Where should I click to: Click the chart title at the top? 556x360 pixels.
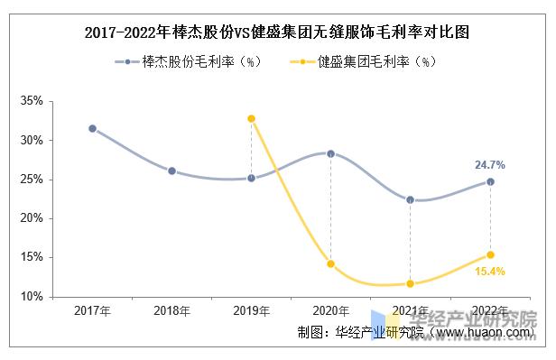pyautogui.click(x=277, y=32)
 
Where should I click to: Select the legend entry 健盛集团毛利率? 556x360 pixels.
pyautogui.click(x=365, y=62)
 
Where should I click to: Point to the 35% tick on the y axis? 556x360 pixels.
pyautogui.click(x=32, y=102)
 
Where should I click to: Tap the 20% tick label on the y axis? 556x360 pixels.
pyautogui.click(x=32, y=218)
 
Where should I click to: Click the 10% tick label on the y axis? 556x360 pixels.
pyautogui.click(x=32, y=296)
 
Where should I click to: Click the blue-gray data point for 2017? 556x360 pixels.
pyautogui.click(x=92, y=128)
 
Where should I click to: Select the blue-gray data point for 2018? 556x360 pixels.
pyautogui.click(x=171, y=171)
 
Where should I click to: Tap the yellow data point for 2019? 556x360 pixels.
pyautogui.click(x=251, y=118)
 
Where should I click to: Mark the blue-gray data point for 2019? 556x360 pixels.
pyautogui.click(x=251, y=178)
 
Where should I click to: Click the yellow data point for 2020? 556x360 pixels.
pyautogui.click(x=330, y=263)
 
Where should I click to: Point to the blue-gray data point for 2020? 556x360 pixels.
pyautogui.click(x=330, y=153)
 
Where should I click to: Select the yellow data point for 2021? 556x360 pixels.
pyautogui.click(x=411, y=283)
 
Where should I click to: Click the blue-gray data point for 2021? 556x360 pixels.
pyautogui.click(x=411, y=199)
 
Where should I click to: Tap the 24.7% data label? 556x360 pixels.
pyautogui.click(x=490, y=165)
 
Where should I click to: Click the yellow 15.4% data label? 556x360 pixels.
pyautogui.click(x=490, y=272)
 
